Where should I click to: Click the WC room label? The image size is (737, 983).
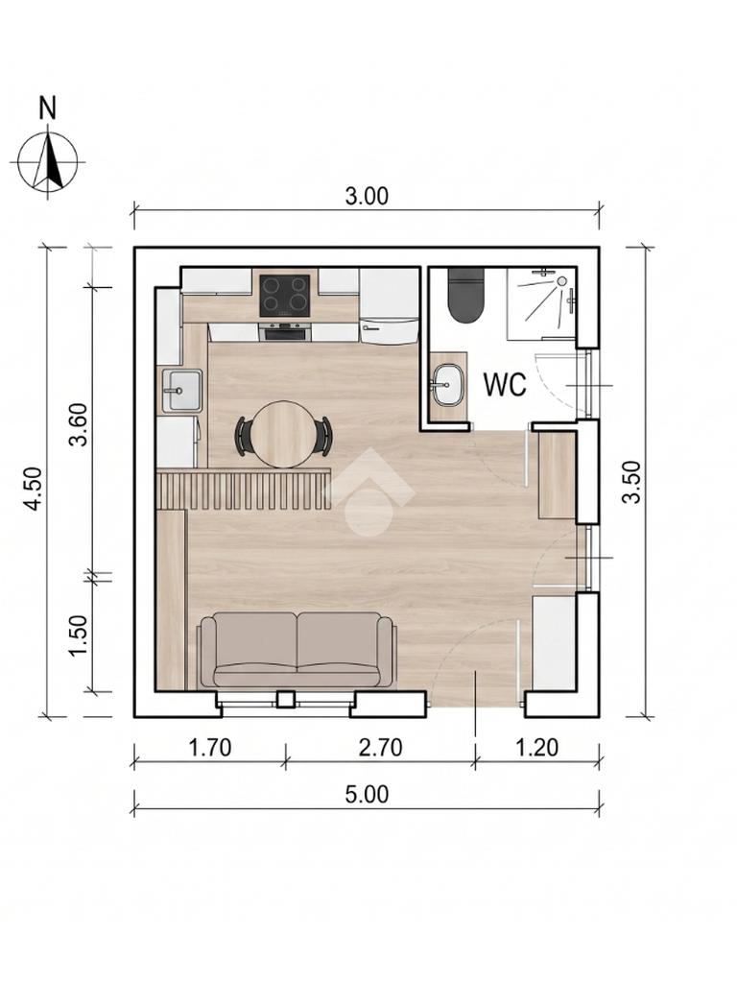pyautogui.click(x=505, y=384)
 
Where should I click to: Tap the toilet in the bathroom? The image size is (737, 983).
pyautogui.click(x=466, y=296)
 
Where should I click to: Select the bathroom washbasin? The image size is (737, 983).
pyautogui.click(x=447, y=384)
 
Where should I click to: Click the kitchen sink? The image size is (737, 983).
pyautogui.click(x=181, y=391)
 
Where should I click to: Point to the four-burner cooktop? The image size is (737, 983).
pyautogui.click(x=285, y=296)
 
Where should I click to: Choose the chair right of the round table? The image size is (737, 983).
pyautogui.click(x=324, y=434)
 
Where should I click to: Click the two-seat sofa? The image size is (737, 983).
pyautogui.click(x=297, y=650)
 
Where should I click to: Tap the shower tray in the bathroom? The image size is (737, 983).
pyautogui.click(x=541, y=303)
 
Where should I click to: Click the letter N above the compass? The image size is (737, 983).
pyautogui.click(x=48, y=108)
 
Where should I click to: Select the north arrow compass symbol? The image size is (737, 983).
pyautogui.click(x=48, y=161)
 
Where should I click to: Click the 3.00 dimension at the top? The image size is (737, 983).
pyautogui.click(x=367, y=196)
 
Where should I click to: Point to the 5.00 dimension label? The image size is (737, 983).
pyautogui.click(x=367, y=794)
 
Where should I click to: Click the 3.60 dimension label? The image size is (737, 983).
pyautogui.click(x=79, y=424)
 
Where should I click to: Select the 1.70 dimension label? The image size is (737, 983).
pyautogui.click(x=210, y=747)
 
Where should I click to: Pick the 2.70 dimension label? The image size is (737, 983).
pyautogui.click(x=380, y=747)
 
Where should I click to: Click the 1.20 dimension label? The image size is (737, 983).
pyautogui.click(x=537, y=747)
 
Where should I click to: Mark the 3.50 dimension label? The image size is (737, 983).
pyautogui.click(x=632, y=482)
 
